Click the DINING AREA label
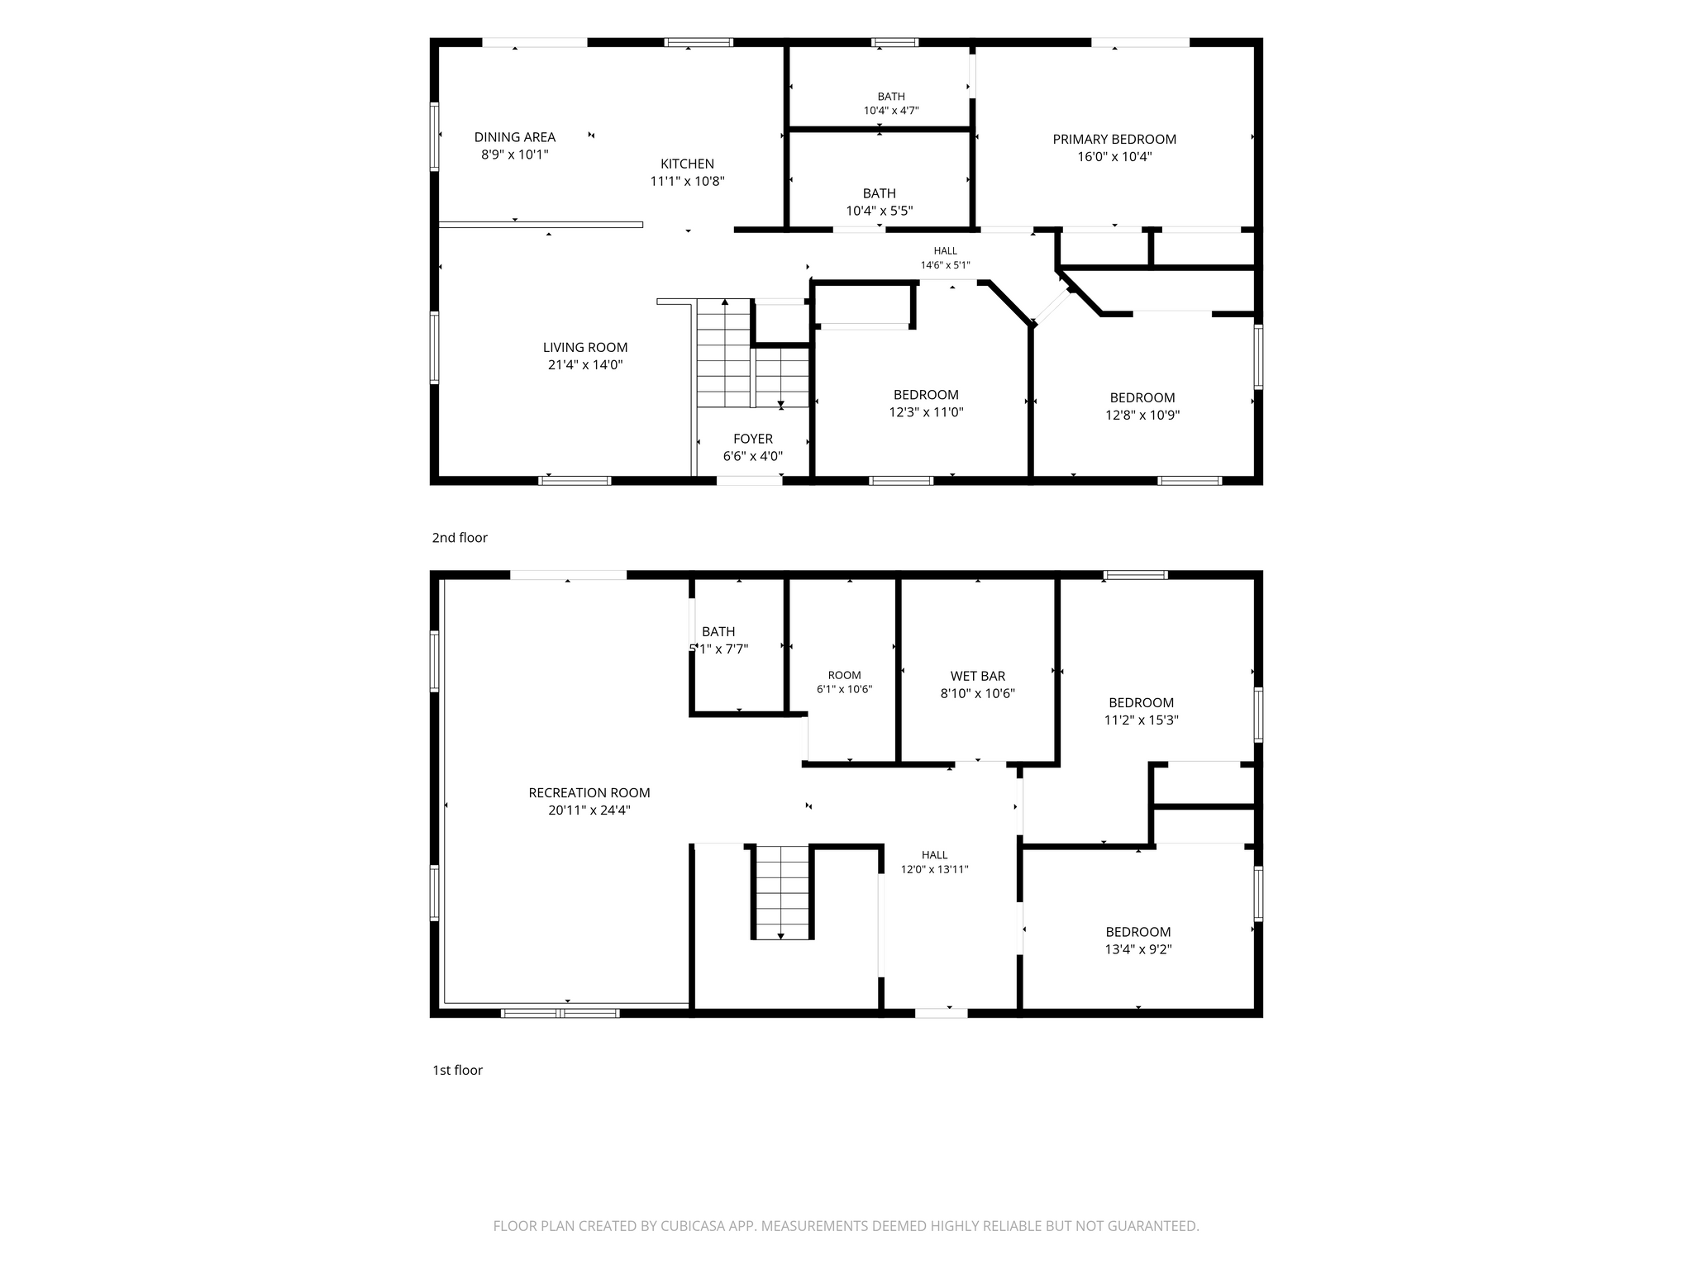coord(514,137)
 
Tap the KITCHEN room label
coord(687,164)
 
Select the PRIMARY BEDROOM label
coord(1114,139)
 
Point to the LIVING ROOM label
coord(585,347)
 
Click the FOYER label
coord(752,439)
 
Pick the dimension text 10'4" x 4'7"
coord(891,111)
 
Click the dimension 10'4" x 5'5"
coord(879,211)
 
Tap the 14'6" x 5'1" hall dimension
coord(945,265)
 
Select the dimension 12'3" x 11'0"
coord(926,412)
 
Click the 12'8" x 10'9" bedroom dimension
coord(1142,415)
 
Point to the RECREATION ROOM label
coord(589,792)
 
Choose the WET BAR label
coord(977,676)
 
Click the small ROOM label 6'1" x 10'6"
coord(844,675)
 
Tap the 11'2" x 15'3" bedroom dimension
coord(1141,720)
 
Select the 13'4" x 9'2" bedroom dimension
coord(1138,949)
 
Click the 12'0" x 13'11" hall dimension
coord(934,869)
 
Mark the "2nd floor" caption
coord(460,538)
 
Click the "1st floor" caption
coord(457,1070)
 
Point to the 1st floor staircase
coord(782,891)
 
